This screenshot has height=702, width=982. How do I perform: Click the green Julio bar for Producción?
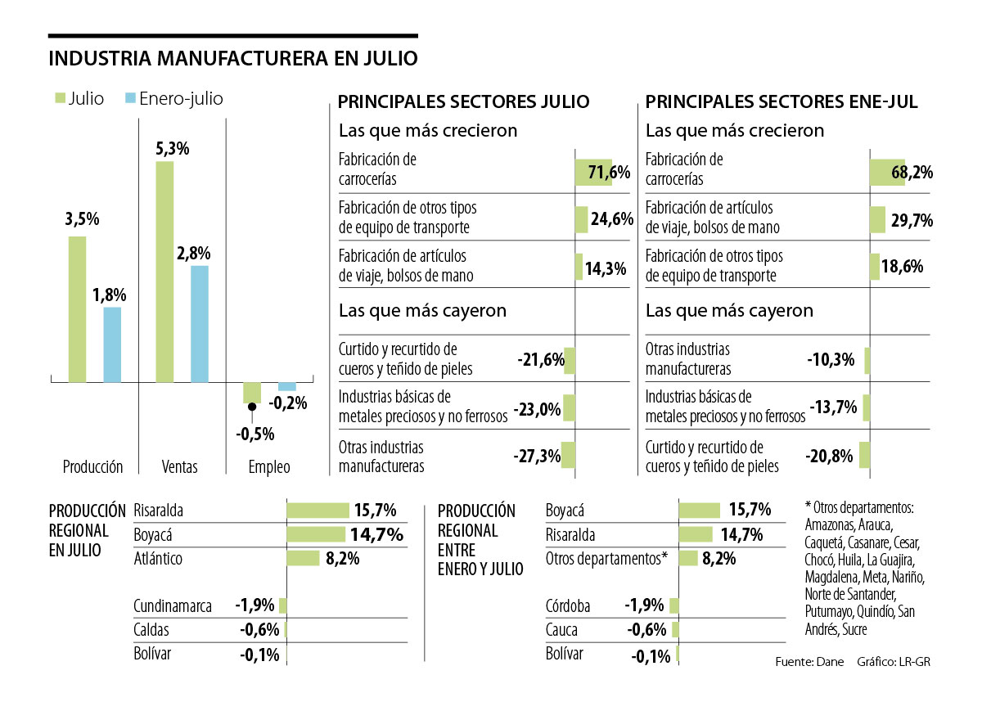(x=77, y=309)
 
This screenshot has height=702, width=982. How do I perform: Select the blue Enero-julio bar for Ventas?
(x=200, y=324)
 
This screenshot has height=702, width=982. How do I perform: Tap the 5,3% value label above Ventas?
(x=172, y=149)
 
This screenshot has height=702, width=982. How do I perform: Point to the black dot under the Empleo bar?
(x=252, y=407)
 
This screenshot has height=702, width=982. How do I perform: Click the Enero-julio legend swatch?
(x=128, y=99)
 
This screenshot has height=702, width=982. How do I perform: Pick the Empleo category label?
(x=269, y=467)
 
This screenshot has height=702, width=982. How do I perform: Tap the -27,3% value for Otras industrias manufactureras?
(x=537, y=457)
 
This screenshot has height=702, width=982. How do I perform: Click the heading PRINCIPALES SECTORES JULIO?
(x=463, y=102)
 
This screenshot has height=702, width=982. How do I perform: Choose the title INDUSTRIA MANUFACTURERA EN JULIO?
(x=233, y=59)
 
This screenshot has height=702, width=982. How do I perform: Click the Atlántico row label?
(x=158, y=559)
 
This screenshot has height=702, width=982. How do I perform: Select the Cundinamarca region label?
(x=173, y=606)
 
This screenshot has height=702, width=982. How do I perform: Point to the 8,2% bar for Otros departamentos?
(x=688, y=559)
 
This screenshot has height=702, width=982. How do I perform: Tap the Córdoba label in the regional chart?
(x=568, y=606)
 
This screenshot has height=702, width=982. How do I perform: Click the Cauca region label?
(x=561, y=630)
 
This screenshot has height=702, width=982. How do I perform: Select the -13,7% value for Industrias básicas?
(x=832, y=407)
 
